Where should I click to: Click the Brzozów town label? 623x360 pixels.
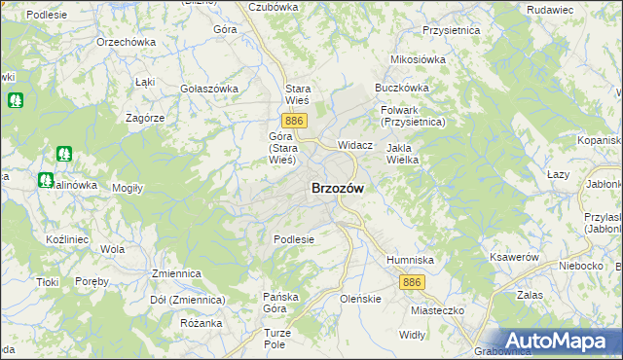coord(338,190)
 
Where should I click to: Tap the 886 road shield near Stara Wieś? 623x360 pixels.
coord(297,120)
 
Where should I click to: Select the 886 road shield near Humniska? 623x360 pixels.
coord(411,281)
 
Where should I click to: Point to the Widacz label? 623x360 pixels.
coord(355,144)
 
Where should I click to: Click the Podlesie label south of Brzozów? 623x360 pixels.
coord(293,239)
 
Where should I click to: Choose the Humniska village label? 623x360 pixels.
coord(410,260)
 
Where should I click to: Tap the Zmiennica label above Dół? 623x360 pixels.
coord(175,274)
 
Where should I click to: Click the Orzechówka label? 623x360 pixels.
coord(127,43)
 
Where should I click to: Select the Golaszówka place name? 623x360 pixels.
coord(209,89)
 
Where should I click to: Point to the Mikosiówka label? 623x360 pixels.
coord(418,59)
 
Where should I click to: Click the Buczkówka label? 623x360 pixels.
coord(402,88)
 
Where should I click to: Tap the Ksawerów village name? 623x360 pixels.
coord(515,257)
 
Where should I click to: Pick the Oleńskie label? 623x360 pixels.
coord(359,299)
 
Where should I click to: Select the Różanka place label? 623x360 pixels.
coord(202,323)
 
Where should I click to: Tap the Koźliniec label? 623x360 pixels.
coord(67,238)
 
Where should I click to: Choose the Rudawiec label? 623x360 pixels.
coord(577,10)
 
